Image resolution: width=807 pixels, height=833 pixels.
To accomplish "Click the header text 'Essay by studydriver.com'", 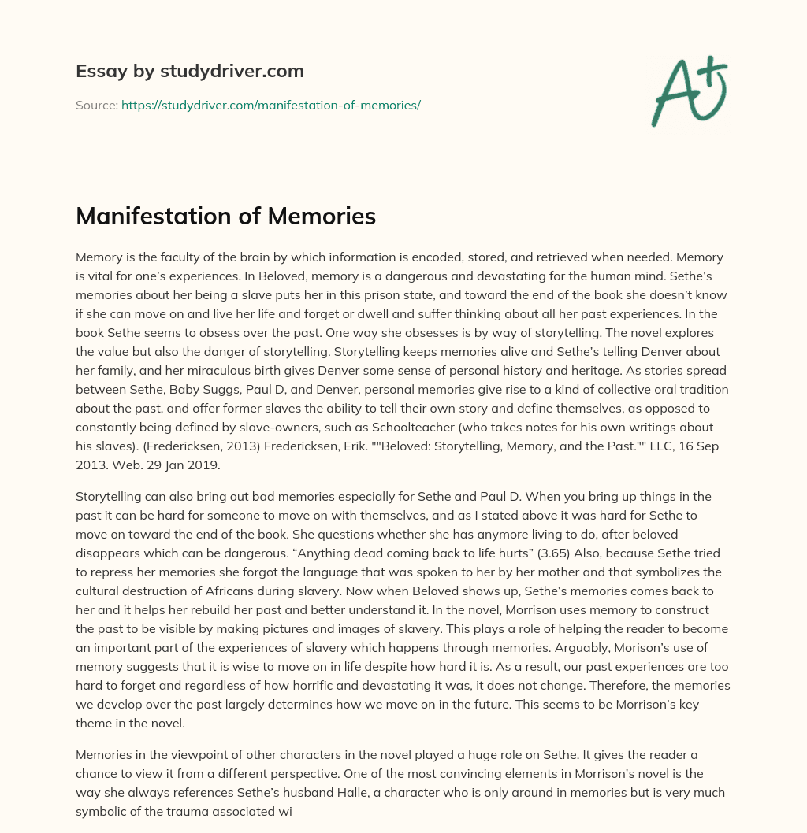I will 189,72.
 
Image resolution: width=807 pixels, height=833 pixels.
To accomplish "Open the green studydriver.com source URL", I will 270,105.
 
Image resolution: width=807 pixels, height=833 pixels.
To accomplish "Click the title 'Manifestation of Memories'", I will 225,217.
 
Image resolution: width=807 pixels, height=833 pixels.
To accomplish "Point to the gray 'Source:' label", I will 96,105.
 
